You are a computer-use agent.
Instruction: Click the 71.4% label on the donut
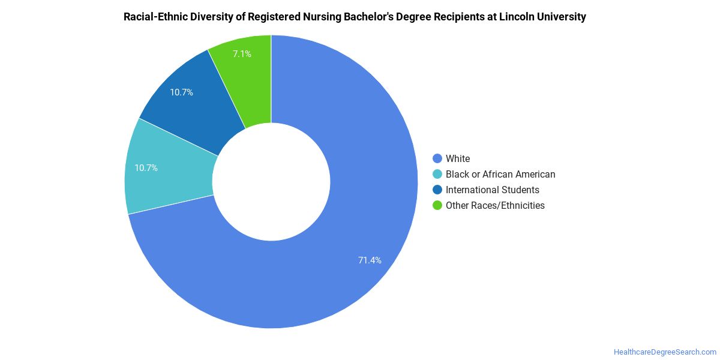coord(370,260)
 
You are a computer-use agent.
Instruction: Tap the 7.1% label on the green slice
coord(242,53)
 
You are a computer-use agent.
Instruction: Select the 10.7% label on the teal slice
coord(146,168)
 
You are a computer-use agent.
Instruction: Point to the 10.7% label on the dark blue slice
coord(181,92)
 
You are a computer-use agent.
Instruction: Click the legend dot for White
coord(437,158)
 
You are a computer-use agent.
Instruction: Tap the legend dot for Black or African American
coord(437,174)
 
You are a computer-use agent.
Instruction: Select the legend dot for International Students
coord(437,190)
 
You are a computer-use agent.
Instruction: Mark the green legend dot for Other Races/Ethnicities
coord(437,205)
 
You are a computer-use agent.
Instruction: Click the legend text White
coord(458,158)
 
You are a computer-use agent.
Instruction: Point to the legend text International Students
coord(493,190)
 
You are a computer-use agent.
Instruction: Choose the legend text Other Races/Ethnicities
coord(495,205)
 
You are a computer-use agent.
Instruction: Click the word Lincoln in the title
coord(516,17)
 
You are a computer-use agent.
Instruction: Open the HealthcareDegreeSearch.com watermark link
coord(665,352)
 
